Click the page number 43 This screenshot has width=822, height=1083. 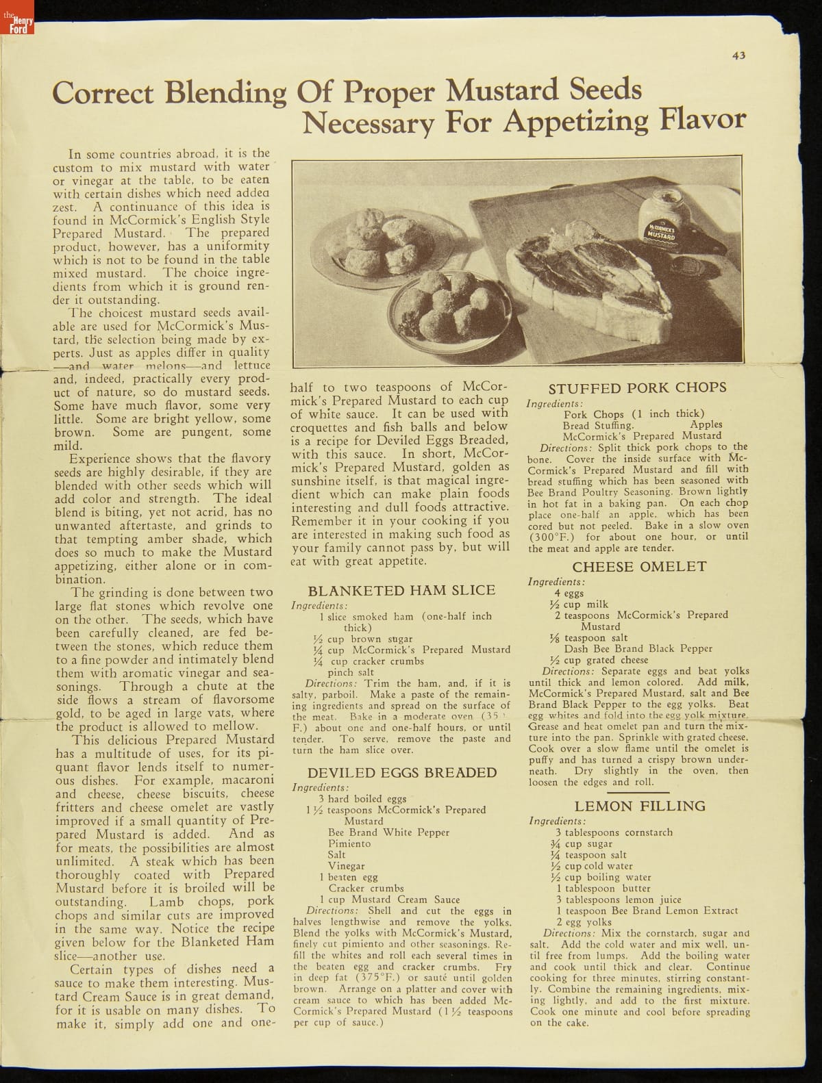coord(738,56)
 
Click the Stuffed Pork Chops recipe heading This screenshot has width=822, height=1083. coord(637,387)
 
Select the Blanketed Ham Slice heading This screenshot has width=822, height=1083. coord(401,590)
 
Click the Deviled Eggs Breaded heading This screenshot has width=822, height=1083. coord(401,773)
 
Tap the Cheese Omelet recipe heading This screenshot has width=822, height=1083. coord(638,567)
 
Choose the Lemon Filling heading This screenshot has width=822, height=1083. coord(639,806)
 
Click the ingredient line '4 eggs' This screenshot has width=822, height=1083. coord(569,593)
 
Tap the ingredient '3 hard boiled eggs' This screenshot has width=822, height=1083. coord(362,799)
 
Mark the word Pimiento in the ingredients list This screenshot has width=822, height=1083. coord(349,843)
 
